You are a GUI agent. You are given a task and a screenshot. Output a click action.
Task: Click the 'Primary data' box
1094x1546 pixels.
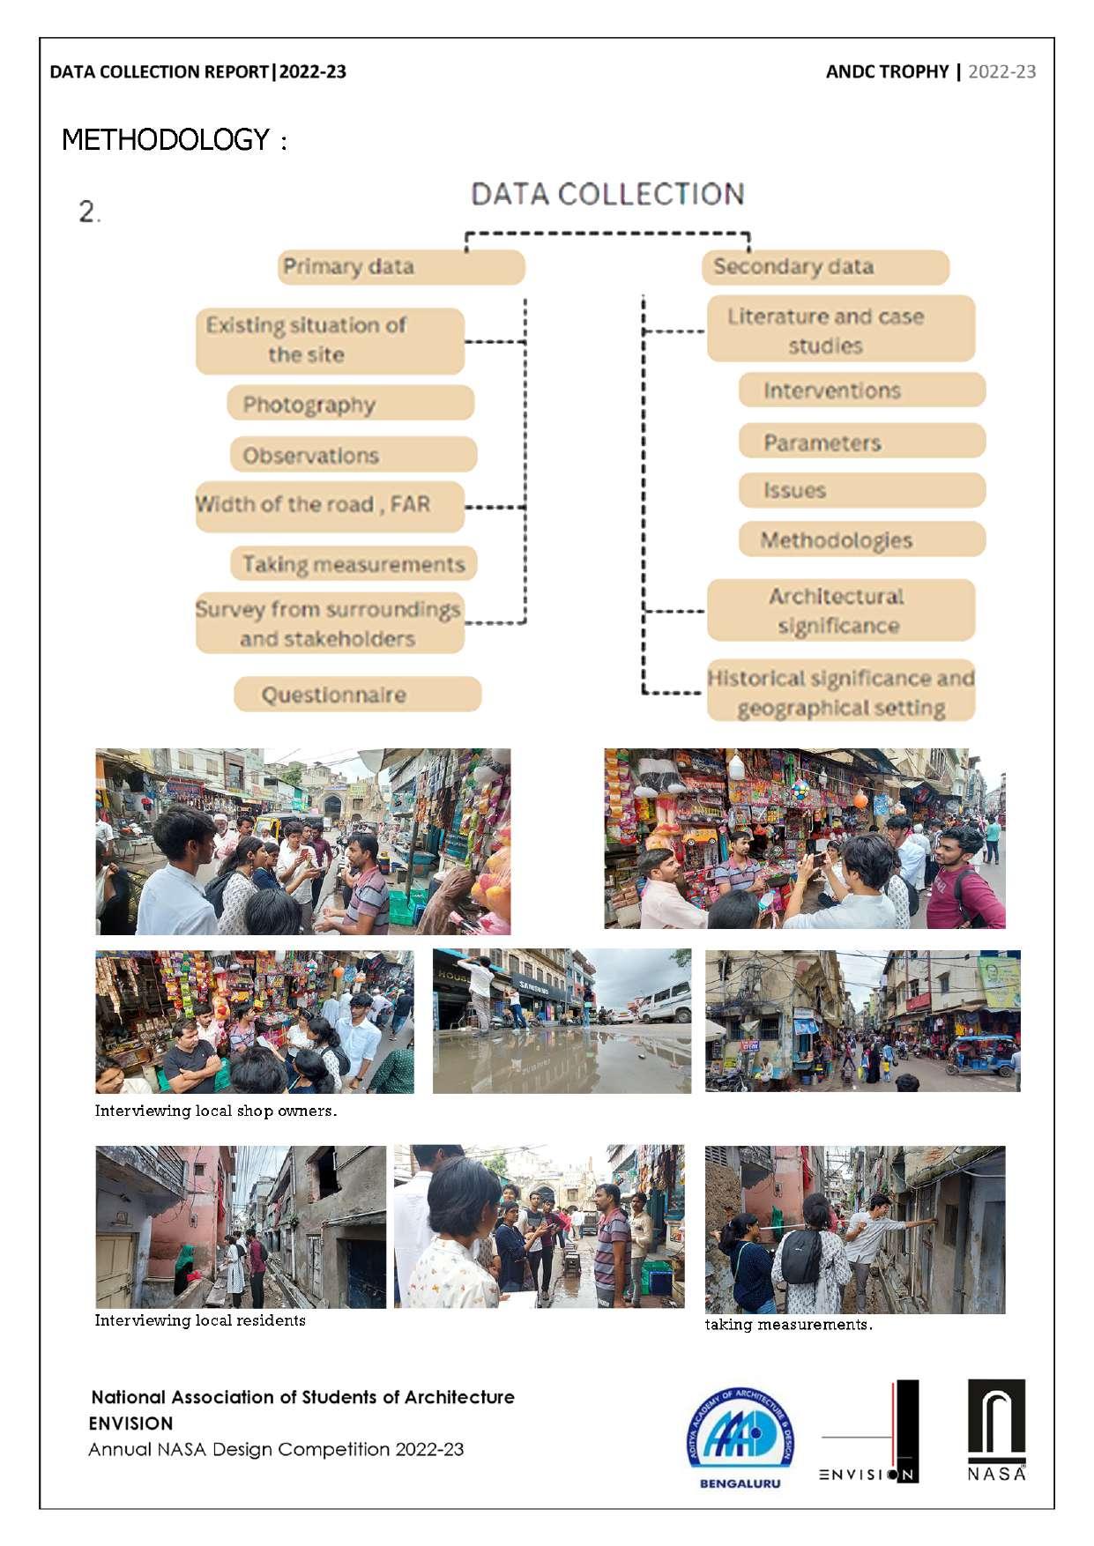pos(401,267)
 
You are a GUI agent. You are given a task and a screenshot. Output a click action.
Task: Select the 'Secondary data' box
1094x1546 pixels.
pos(825,267)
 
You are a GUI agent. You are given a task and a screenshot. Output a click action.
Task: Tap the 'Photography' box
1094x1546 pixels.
pos(351,405)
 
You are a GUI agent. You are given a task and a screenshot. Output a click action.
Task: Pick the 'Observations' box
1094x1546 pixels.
pos(353,455)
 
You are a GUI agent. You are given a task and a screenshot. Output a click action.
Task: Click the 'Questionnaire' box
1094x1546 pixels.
pos(357,695)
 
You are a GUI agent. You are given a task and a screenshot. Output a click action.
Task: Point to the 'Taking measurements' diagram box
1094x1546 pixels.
pos(354,564)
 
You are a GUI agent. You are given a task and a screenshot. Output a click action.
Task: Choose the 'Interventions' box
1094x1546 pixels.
pos(861,390)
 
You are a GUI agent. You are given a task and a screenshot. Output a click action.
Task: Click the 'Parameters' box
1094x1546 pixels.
pos(861,442)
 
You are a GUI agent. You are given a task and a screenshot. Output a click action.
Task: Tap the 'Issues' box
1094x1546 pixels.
pos(861,490)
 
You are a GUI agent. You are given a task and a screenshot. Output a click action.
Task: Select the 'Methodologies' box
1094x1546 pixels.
pos(861,539)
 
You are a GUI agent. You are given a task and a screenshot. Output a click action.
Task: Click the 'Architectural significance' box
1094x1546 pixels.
pos(840,610)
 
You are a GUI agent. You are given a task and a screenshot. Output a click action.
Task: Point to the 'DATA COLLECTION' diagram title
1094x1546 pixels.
pos(607,194)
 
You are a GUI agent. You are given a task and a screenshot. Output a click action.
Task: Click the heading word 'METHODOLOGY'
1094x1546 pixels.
pos(166,140)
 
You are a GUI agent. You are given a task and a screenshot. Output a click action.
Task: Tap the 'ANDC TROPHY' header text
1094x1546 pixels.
pos(887,71)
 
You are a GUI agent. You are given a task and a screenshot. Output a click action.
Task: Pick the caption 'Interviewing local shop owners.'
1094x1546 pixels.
pos(216,1111)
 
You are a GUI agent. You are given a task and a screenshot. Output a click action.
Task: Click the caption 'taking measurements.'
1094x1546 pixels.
pos(788,1324)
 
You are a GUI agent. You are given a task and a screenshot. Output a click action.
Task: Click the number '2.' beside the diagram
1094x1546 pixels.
pos(90,212)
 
